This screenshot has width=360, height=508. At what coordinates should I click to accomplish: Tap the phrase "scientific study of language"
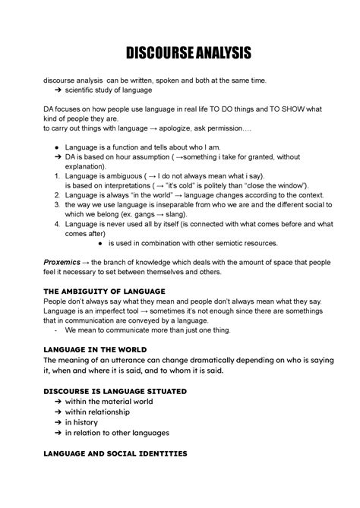tap(108, 90)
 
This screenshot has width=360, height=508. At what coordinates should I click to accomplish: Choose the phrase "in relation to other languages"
tap(117, 433)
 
